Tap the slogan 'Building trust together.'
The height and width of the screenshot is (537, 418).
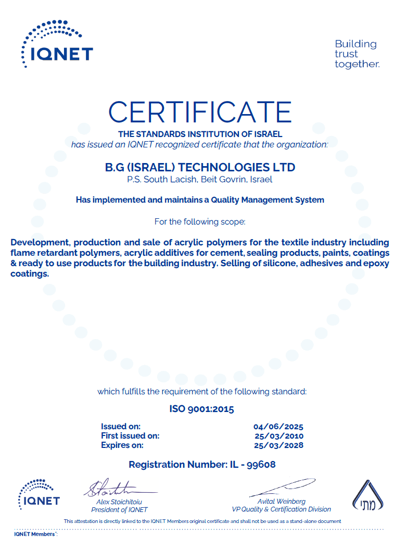(357, 54)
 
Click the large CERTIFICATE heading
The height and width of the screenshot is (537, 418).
(200, 112)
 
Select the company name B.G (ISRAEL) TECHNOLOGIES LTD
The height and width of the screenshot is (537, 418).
(200, 167)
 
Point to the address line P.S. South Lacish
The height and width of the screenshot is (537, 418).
(200, 180)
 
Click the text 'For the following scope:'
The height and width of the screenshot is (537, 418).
(200, 222)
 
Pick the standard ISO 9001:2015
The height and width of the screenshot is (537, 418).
(201, 409)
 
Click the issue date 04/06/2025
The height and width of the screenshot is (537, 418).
(278, 427)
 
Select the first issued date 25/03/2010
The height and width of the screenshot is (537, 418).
(278, 436)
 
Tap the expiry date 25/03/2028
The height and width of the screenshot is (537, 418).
(278, 445)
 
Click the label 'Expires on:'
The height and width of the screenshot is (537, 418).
(122, 445)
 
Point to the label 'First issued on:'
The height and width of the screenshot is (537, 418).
(130, 436)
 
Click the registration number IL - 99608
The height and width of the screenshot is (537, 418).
(202, 464)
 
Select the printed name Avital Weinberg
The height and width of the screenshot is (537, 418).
(282, 502)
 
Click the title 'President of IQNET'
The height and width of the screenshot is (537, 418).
(119, 509)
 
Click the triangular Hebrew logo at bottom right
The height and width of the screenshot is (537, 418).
(370, 495)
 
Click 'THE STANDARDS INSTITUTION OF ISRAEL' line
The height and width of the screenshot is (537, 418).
(200, 134)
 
